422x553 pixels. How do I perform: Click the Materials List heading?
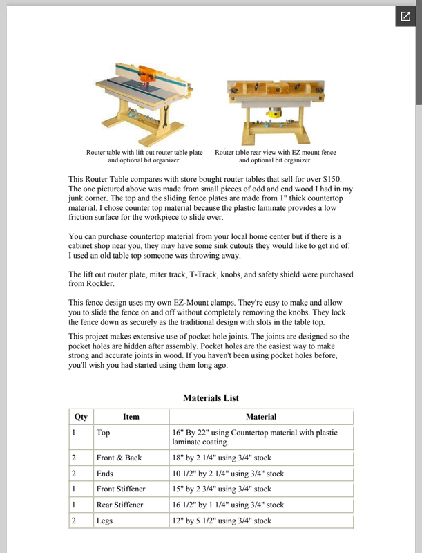pyautogui.click(x=211, y=398)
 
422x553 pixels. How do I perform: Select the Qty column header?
pyautogui.click(x=81, y=417)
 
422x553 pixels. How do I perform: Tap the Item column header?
pyautogui.click(x=131, y=417)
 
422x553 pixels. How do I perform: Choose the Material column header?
pyautogui.click(x=261, y=417)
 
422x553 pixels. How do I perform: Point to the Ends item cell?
pyautogui.click(x=106, y=474)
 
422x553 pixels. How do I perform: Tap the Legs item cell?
pyautogui.click(x=105, y=521)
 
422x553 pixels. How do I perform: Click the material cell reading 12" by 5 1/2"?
pyautogui.click(x=222, y=521)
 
